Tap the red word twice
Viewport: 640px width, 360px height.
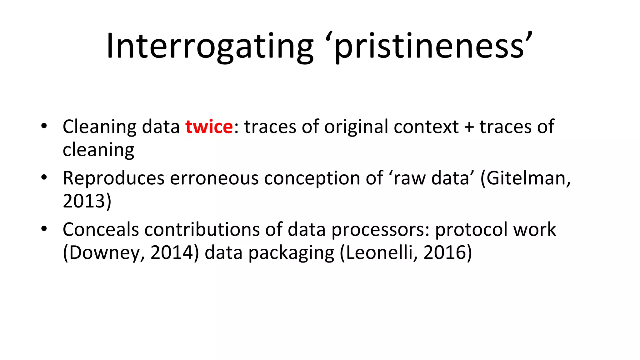point(209,127)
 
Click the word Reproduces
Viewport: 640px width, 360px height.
point(113,178)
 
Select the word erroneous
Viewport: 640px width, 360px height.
point(214,178)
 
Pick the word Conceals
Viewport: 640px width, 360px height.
point(101,230)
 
